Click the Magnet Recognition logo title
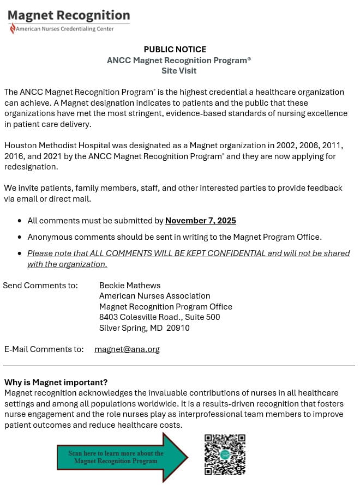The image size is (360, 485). (69, 15)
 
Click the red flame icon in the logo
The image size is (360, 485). (12, 29)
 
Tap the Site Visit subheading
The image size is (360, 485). (179, 71)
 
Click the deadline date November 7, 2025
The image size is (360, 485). (201, 221)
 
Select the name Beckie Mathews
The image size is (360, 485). (130, 285)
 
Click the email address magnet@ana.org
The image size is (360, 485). (127, 349)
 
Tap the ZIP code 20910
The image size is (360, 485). (178, 328)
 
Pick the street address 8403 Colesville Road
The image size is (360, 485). (140, 317)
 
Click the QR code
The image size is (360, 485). (225, 454)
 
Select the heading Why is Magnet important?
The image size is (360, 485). (56, 382)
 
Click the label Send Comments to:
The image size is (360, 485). (40, 285)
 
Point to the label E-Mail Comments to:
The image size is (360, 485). (44, 349)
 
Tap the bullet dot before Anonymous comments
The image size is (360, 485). (20, 237)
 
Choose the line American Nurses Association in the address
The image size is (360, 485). (154, 296)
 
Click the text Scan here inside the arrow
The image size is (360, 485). (84, 453)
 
